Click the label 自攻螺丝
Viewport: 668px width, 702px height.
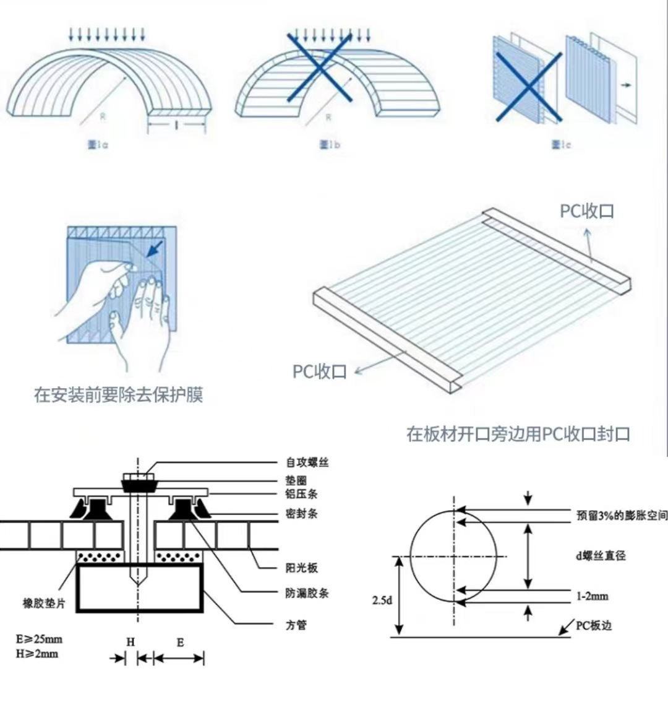[x=307, y=462]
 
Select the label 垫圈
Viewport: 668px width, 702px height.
[x=296, y=480]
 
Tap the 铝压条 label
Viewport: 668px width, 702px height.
[x=302, y=494]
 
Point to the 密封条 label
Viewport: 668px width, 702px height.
[x=302, y=513]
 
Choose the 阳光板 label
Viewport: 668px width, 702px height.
[x=302, y=568]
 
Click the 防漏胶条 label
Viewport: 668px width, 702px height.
[x=307, y=593]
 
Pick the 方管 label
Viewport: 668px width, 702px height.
[x=296, y=625]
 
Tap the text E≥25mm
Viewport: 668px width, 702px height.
[x=39, y=639]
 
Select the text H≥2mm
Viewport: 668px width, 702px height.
[x=36, y=653]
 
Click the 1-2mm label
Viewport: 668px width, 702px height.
[x=592, y=596]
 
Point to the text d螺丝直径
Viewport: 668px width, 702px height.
[x=601, y=555]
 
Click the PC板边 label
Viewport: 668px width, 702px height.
[x=594, y=625]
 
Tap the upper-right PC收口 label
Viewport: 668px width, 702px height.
[x=587, y=211]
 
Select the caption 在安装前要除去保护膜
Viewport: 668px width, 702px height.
[x=118, y=395]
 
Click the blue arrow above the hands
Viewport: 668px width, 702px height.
[x=155, y=249]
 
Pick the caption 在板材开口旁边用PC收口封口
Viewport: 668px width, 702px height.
[x=518, y=433]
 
